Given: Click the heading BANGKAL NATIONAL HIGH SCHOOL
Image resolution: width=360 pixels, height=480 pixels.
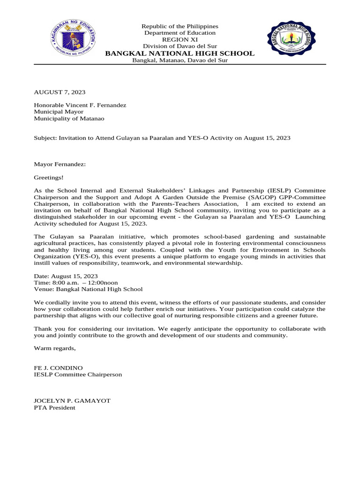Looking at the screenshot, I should pyautogui.click(x=180, y=53).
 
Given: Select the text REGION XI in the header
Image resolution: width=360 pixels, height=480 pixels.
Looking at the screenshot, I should pyautogui.click(x=180, y=40).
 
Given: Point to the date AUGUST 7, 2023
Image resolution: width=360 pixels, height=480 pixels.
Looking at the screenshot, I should pyautogui.click(x=60, y=92).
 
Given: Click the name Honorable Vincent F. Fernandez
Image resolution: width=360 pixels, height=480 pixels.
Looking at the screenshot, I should pyautogui.click(x=80, y=105).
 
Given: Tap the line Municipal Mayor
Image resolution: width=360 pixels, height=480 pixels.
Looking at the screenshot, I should pyautogui.click(x=59, y=112).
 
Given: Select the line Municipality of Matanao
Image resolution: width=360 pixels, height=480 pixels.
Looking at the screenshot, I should pyautogui.click(x=69, y=119).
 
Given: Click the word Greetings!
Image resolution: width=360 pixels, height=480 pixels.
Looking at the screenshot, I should pyautogui.click(x=49, y=178).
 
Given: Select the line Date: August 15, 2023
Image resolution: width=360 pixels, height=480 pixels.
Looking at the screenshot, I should pyautogui.click(x=66, y=276).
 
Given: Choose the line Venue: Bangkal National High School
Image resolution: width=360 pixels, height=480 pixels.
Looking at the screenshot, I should pyautogui.click(x=88, y=289).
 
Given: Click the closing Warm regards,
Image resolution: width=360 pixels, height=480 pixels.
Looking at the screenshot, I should pyautogui.click(x=54, y=348).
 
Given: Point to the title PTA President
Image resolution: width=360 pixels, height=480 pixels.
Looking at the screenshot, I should pyautogui.click(x=54, y=408).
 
